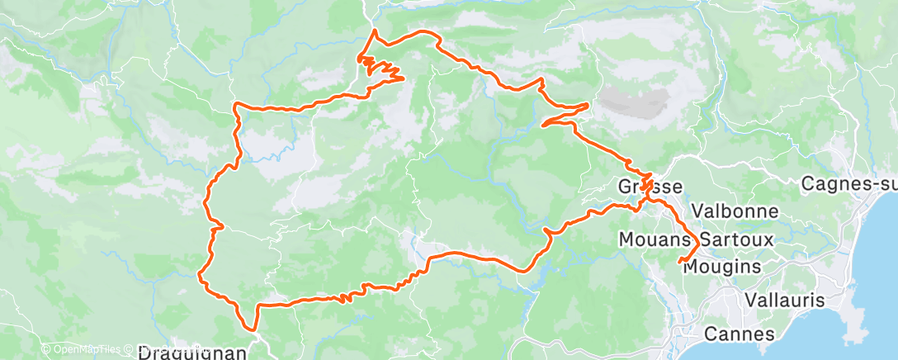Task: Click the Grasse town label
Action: pos(650,187)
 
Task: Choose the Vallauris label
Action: pos(783,300)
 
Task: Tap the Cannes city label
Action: pos(740,334)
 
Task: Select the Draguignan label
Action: pos(191,353)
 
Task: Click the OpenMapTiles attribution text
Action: pos(86,349)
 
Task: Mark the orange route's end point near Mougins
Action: pos(680,263)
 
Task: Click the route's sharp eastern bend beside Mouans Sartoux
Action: pos(699,244)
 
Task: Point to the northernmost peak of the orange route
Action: pos(376,31)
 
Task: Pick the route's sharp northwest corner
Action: pos(237,105)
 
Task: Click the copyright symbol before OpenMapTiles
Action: pos(45,349)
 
